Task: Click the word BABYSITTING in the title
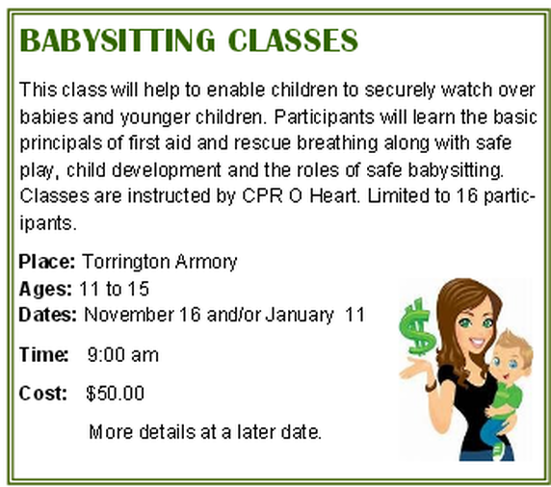(118, 40)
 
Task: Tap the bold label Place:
(47, 262)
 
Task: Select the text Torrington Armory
(160, 262)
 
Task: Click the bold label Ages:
(45, 290)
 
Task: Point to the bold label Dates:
(47, 315)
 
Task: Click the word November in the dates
(129, 315)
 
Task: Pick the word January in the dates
(300, 316)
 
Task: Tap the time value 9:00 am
(123, 354)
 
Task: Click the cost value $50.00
(116, 394)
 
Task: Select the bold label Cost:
(43, 394)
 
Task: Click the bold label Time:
(44, 354)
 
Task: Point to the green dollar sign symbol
(417, 327)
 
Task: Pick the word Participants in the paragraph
(324, 116)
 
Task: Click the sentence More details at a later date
(205, 432)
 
